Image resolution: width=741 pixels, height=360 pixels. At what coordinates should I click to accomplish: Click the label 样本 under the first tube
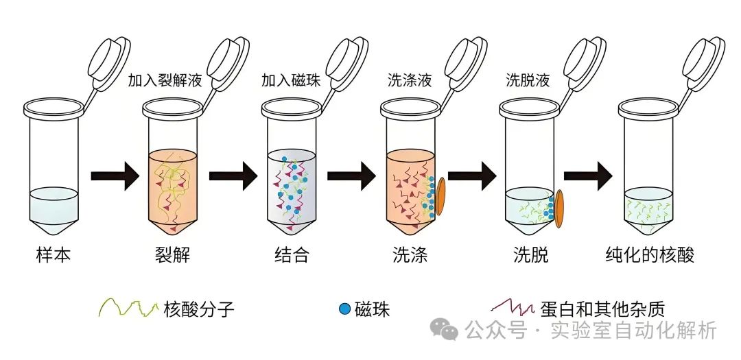54,255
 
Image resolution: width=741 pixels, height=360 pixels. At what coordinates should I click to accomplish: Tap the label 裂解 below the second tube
172,255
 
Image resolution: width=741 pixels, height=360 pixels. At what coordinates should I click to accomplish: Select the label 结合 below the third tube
292,255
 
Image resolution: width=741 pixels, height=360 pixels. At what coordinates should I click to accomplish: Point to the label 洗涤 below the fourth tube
410,255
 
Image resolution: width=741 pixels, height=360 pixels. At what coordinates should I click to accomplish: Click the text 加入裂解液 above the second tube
165,80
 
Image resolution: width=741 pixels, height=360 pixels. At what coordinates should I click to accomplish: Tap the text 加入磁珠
291,80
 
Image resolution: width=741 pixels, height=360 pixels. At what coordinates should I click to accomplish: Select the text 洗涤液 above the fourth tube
410,80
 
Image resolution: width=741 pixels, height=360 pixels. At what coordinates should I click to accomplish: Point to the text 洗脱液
528,80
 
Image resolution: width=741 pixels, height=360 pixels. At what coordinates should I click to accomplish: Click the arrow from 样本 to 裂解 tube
115,176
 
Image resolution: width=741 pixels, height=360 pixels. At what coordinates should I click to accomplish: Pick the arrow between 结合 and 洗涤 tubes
351,176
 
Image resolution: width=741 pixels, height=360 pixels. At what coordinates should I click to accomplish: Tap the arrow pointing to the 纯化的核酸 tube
588,176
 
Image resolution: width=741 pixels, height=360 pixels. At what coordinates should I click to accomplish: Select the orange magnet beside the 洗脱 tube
560,209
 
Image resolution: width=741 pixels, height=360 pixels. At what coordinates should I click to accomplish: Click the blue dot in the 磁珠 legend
345,309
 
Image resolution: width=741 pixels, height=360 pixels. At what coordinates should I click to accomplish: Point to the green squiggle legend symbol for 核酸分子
128,308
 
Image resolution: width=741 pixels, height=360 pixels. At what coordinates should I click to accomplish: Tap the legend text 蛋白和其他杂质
602,309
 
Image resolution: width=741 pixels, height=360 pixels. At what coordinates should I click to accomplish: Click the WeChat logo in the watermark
444,329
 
